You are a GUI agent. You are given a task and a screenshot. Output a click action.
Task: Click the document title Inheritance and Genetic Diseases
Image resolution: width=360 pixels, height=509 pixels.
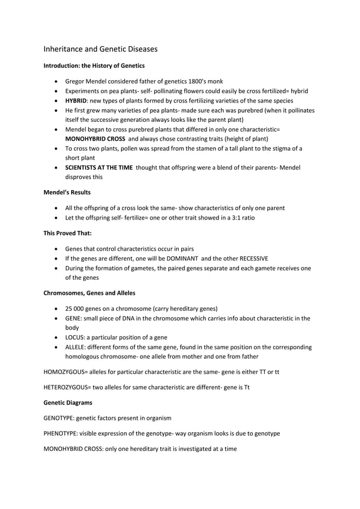click(100, 49)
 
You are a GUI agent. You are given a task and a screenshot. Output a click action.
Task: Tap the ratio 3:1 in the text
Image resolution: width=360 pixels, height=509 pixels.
click(235, 217)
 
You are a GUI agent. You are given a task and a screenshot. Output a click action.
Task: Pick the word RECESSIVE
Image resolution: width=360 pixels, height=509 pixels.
click(248, 258)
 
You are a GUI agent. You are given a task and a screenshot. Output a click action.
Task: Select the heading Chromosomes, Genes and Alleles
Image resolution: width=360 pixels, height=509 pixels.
click(89, 293)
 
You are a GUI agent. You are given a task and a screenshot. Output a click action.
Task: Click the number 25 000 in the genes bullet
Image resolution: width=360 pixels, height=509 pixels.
click(77, 308)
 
